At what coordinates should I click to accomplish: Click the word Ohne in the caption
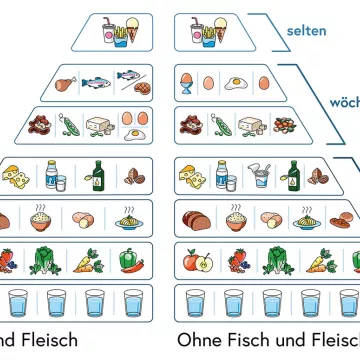[197, 340]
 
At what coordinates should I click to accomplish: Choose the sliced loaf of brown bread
[192, 217]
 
